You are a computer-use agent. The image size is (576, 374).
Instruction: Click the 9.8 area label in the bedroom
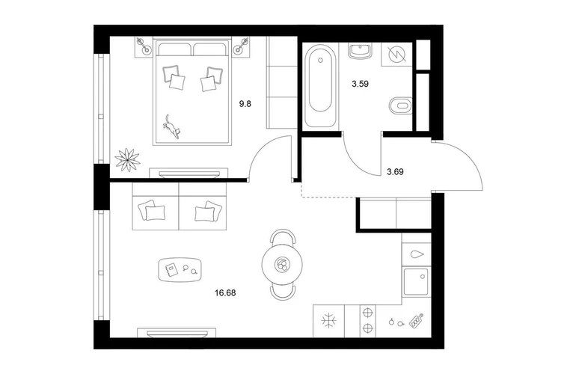245,104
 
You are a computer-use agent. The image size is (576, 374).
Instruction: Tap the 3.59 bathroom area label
360,84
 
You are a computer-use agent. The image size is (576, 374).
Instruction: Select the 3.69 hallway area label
395,171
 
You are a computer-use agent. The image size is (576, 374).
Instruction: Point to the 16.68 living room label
225,293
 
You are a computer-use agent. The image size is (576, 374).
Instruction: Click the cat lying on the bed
171,126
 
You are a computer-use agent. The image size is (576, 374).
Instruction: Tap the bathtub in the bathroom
319,85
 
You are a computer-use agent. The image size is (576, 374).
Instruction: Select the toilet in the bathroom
401,106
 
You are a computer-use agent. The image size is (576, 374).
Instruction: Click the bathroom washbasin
361,51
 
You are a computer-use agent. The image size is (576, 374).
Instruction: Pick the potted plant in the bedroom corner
127,159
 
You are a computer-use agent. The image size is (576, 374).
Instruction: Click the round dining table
282,264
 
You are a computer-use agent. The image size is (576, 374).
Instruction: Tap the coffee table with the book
180,270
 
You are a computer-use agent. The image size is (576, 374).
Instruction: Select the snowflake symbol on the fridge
329,321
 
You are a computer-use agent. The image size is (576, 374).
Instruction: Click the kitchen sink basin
416,282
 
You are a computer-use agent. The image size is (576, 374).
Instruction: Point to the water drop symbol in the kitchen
417,254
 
